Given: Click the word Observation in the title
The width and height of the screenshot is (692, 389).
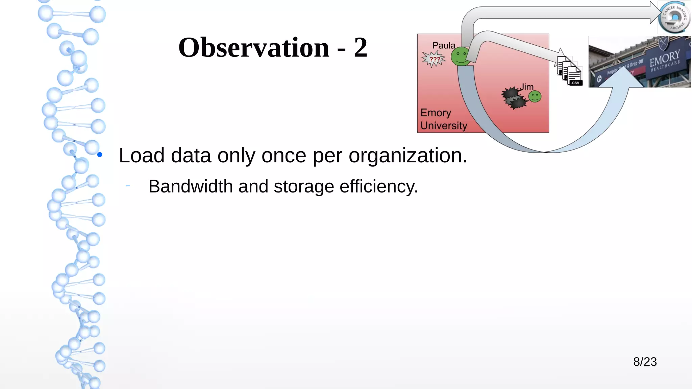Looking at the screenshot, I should coord(253,48).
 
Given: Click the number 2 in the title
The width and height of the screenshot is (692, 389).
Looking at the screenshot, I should coord(360,48).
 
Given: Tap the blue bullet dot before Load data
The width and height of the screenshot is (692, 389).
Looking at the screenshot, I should coord(100,155).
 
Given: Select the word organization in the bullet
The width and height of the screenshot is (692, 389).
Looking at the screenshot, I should coord(407,156).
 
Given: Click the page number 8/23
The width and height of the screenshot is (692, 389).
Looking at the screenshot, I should coord(645,362).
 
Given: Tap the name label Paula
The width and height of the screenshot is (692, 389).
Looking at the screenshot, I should coord(444,45).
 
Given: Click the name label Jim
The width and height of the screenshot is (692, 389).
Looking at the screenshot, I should coord(526,87).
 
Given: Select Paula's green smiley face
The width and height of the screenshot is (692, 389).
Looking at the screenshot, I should coord(460,56).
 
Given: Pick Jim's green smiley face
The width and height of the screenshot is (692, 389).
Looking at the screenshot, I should coord(535,96).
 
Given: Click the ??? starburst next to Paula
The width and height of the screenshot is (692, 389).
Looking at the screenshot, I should coord(434,59).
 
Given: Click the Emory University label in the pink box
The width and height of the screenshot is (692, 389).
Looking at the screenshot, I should coord(444,119).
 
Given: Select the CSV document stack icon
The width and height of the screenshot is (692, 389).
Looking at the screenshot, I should coord(570,71).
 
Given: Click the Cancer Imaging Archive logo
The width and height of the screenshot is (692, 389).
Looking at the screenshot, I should coord(674,17).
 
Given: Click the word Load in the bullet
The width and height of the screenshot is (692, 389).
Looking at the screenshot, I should coord(142,156).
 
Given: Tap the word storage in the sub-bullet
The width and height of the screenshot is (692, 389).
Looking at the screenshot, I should coord(304,187).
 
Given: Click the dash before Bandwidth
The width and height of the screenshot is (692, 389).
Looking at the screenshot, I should coord(128,186).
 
